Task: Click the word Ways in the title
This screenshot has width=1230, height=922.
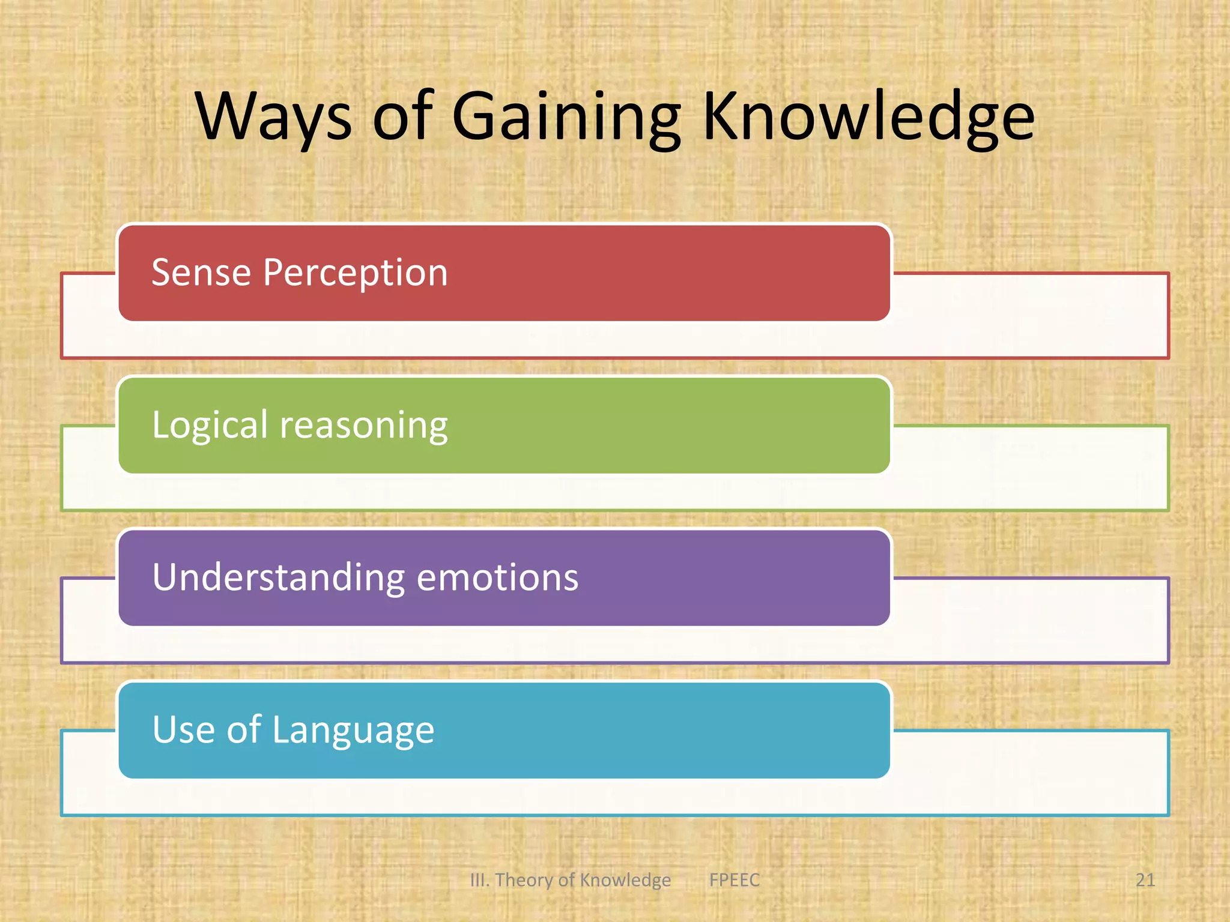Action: (x=274, y=117)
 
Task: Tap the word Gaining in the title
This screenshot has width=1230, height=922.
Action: (x=566, y=117)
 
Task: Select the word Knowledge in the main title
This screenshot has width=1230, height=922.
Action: (x=868, y=117)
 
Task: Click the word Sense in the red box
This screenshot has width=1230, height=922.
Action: (x=201, y=273)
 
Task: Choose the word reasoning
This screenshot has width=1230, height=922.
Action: (x=364, y=426)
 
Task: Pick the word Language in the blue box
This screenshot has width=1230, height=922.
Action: (x=353, y=731)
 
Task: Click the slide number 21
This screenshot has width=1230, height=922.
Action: (x=1145, y=880)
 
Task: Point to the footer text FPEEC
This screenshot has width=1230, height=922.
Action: (x=734, y=880)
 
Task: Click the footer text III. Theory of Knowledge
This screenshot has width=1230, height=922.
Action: (x=570, y=880)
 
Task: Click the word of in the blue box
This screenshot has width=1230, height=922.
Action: (x=243, y=730)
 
